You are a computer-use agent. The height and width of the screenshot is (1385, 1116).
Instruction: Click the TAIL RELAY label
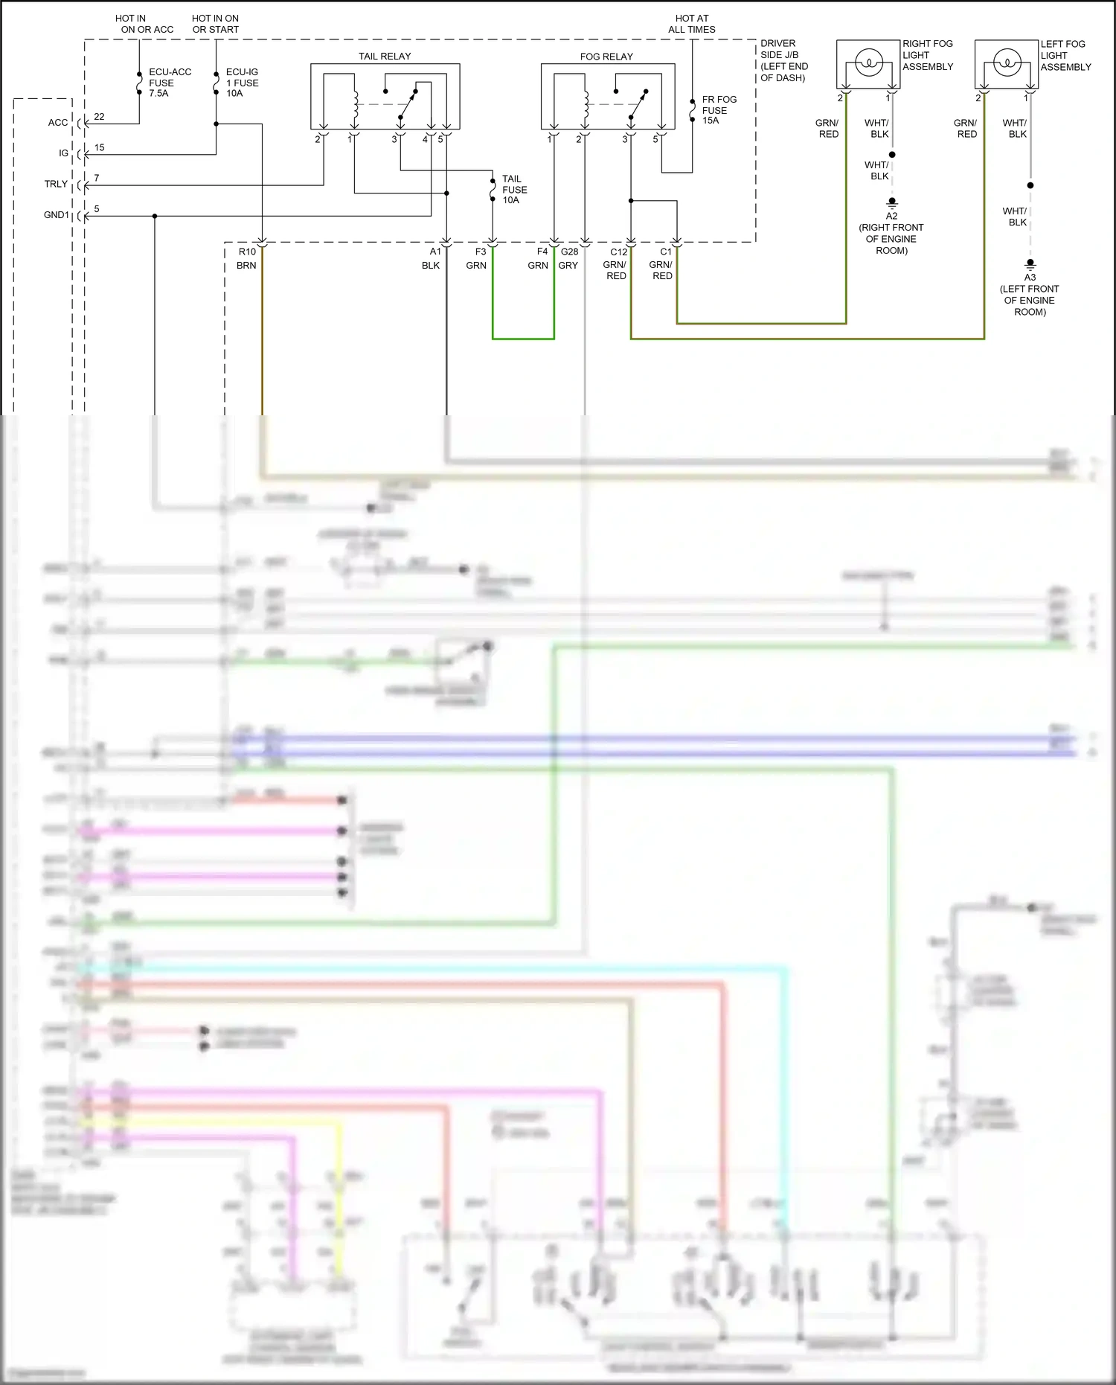385,57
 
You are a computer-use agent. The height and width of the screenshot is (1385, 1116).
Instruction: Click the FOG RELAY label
606,57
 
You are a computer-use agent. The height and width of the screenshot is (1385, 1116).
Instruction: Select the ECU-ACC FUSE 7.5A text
170,83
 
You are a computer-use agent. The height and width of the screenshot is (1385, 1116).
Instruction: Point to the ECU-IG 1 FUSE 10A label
242,83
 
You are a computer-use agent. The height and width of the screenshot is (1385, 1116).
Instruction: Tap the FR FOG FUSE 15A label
719,109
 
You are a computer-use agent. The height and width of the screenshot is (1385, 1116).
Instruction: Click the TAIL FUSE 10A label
514,189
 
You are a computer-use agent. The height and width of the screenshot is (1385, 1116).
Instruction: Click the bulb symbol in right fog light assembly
868,63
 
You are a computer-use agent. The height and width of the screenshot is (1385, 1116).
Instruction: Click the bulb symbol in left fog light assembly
1007,63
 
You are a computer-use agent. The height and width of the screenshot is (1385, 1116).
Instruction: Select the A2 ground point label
891,216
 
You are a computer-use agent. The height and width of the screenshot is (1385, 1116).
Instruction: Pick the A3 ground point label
1030,277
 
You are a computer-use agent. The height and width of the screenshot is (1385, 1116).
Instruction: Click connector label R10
247,252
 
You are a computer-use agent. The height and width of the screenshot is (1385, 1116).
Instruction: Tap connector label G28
570,252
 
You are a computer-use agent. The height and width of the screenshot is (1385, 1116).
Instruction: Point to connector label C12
619,252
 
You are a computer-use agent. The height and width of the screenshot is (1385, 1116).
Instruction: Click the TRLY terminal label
56,184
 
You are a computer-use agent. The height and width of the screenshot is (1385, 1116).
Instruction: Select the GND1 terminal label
57,215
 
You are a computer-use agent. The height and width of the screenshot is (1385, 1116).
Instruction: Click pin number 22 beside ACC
99,117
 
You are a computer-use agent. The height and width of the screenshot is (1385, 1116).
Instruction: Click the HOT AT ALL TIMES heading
691,24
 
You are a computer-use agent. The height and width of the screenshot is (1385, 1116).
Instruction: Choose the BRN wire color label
246,265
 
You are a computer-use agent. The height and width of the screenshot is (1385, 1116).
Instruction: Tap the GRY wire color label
568,265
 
